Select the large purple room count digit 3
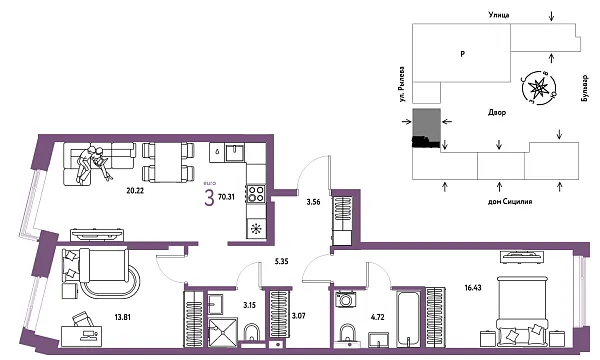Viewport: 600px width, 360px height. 209,198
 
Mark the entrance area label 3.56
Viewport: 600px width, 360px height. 312,201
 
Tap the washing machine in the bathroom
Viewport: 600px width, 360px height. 347,298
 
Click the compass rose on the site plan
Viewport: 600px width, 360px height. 541,87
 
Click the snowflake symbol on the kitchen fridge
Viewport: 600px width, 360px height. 255,228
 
